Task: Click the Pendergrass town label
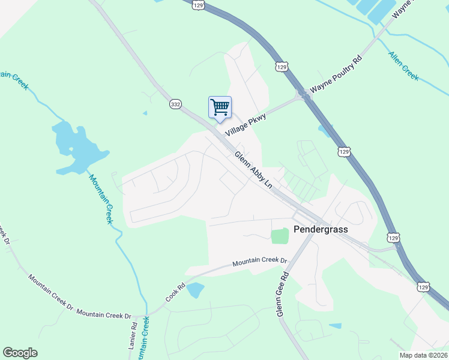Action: [321, 229]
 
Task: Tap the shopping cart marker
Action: [220, 107]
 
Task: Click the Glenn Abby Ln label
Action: [253, 170]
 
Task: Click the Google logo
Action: [20, 353]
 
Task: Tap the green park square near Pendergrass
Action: [280, 236]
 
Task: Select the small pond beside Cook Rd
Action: [195, 290]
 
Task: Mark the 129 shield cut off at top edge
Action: [199, 4]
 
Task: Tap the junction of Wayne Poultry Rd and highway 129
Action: [303, 95]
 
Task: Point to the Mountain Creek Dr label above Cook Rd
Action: [260, 262]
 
